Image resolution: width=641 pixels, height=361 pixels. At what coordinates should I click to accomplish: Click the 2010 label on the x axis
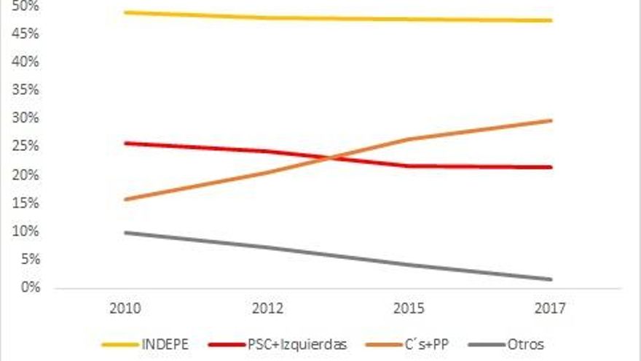tap(125, 308)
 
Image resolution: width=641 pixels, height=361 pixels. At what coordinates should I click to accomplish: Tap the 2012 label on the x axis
tap(267, 308)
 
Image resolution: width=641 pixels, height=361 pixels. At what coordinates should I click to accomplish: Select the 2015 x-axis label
tap(408, 308)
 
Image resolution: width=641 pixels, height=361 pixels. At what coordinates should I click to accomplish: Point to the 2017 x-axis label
tap(550, 308)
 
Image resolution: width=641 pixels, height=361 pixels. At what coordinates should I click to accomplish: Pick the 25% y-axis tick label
tap(26, 147)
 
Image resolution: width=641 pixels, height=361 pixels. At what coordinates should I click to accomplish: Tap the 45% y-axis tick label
tap(26, 34)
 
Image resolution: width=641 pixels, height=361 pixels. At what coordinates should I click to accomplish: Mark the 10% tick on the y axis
tap(26, 232)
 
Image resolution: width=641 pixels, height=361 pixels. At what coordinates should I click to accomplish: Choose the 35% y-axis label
tap(26, 90)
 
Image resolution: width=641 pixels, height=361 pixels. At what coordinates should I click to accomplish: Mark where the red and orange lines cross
tap(332, 158)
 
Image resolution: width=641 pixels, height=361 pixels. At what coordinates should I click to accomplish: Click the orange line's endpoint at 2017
tap(551, 120)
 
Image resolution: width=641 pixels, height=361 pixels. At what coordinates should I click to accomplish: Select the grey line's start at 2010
tap(125, 233)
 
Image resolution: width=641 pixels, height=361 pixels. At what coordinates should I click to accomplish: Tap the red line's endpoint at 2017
tap(551, 167)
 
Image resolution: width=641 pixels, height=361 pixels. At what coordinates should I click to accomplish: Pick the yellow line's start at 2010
tap(125, 12)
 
